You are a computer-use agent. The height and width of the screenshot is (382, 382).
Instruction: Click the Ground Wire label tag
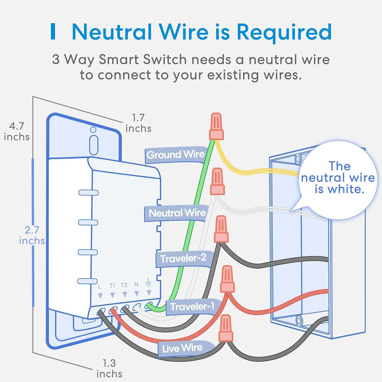point(175,155)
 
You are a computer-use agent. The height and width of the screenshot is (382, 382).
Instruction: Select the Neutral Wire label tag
point(177,213)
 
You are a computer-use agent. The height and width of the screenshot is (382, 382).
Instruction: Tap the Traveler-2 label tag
point(183,259)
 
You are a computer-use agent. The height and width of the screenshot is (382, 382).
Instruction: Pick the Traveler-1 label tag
point(192,306)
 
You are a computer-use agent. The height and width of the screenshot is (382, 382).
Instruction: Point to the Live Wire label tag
point(182,348)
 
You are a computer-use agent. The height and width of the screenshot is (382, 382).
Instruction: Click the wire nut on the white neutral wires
point(217,182)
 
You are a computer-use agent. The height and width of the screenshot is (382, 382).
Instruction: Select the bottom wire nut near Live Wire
point(226,329)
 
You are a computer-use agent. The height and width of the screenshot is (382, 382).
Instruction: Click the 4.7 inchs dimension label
point(17,132)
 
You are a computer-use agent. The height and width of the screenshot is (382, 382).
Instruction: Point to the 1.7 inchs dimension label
point(138,123)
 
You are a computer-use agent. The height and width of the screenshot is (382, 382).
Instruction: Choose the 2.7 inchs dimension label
point(32,235)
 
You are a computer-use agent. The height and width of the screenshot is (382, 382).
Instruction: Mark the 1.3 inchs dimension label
point(109,368)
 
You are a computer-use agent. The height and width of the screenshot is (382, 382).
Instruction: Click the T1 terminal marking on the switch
point(112,285)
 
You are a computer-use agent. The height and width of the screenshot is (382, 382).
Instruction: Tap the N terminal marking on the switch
point(136,284)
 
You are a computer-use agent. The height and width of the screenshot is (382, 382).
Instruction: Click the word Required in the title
point(284,32)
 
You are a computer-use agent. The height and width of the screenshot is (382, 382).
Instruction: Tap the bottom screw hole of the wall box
point(298,321)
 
